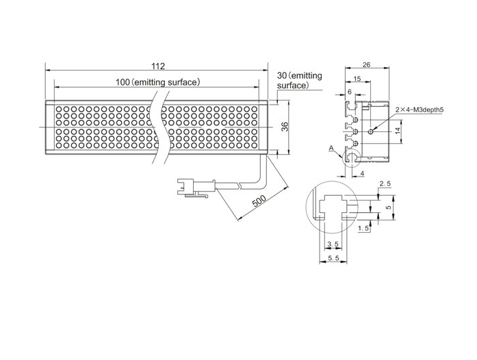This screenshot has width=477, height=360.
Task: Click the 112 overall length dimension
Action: [158, 66]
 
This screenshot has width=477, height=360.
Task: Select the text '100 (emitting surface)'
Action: [158, 82]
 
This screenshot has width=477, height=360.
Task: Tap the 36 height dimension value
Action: [285, 127]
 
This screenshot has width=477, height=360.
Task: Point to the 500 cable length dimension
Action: [259, 201]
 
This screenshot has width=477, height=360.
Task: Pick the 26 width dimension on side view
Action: [367, 64]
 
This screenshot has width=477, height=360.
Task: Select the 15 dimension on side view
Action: [357, 79]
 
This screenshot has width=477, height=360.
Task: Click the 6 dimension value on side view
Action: [349, 92]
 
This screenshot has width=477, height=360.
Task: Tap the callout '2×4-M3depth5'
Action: [420, 110]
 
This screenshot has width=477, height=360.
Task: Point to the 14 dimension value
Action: [398, 131]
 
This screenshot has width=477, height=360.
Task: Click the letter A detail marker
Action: [331, 149]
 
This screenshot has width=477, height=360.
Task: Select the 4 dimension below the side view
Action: [362, 173]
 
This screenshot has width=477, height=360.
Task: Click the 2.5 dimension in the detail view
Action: [385, 184]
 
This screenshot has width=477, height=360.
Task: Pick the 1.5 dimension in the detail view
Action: [363, 228]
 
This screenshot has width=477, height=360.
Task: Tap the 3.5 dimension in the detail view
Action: [333, 244]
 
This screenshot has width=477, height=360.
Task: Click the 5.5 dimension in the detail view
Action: [333, 258]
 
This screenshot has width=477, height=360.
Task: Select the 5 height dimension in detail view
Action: [388, 207]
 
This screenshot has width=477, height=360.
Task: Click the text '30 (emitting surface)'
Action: [299, 80]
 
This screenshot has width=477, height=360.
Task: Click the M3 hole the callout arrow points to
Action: [370, 131]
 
